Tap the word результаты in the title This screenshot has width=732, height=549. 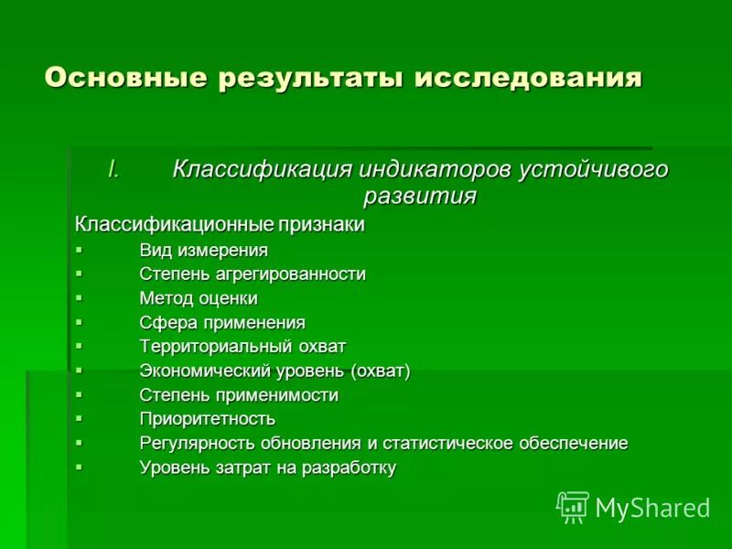coord(310,77)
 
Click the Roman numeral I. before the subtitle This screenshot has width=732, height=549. coord(114,170)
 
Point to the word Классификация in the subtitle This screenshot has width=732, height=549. coord(263,170)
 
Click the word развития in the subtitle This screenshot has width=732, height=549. coord(420,196)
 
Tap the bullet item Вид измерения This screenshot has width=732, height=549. coord(203,250)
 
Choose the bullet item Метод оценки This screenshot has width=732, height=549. coord(199,298)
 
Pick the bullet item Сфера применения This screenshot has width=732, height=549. coord(222,322)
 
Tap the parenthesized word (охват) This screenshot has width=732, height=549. coord(380,371)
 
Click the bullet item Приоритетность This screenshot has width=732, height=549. coord(207,419)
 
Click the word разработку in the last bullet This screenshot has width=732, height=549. coord(350,468)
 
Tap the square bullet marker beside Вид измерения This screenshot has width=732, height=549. coord(79,249)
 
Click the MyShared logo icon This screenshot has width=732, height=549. coord(573,507)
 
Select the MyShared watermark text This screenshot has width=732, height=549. coord(652,508)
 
